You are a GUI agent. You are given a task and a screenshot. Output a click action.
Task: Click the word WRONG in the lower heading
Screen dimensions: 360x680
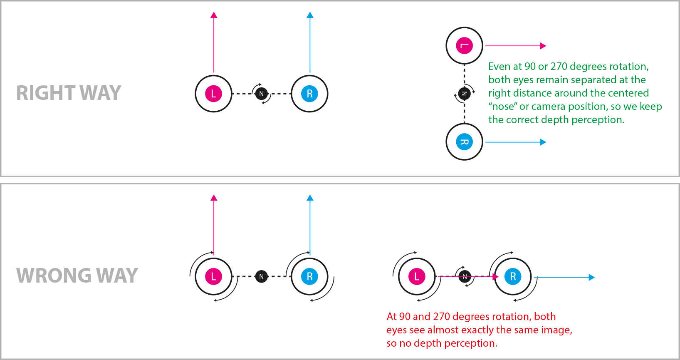pos(54,276)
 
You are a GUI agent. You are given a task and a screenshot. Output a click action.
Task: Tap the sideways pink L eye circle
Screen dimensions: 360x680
pos(464,46)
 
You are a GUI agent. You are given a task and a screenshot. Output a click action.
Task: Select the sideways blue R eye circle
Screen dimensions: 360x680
pos(464,142)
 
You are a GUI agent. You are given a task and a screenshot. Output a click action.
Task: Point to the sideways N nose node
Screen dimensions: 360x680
pos(464,94)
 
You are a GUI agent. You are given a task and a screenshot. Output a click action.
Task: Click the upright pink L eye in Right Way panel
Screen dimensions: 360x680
pos(213,94)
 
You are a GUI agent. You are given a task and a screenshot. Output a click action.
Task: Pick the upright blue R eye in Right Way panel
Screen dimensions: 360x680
pos(309,94)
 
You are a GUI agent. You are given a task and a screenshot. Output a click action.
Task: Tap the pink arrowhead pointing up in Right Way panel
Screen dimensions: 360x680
pos(214,15)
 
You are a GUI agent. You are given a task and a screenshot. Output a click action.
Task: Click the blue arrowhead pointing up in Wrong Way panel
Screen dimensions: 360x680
pos(310,198)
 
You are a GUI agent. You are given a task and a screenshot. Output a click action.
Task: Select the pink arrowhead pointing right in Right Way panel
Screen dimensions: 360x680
pos(543,46)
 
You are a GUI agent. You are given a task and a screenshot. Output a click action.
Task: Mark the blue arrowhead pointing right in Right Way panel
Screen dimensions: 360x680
pos(543,142)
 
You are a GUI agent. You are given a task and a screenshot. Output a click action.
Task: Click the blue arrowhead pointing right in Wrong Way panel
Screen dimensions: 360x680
pos(591,277)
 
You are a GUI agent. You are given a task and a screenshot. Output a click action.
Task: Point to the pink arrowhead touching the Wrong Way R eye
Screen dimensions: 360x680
pos(495,276)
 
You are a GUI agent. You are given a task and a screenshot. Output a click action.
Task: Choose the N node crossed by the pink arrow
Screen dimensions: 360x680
pos(465,276)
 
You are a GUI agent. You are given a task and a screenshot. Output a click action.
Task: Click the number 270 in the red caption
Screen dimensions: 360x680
pos(441,317)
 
